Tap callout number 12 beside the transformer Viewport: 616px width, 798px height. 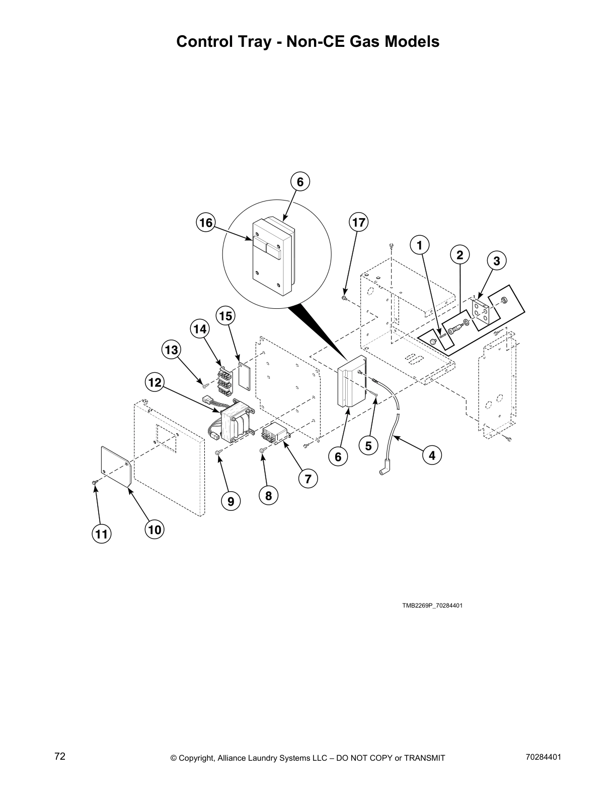point(155,382)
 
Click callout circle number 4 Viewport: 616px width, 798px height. point(432,455)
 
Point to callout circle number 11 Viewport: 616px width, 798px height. point(102,534)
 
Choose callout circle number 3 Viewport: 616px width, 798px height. point(496,261)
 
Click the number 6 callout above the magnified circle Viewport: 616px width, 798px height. point(300,182)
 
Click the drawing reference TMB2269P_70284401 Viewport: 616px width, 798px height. point(432,605)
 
